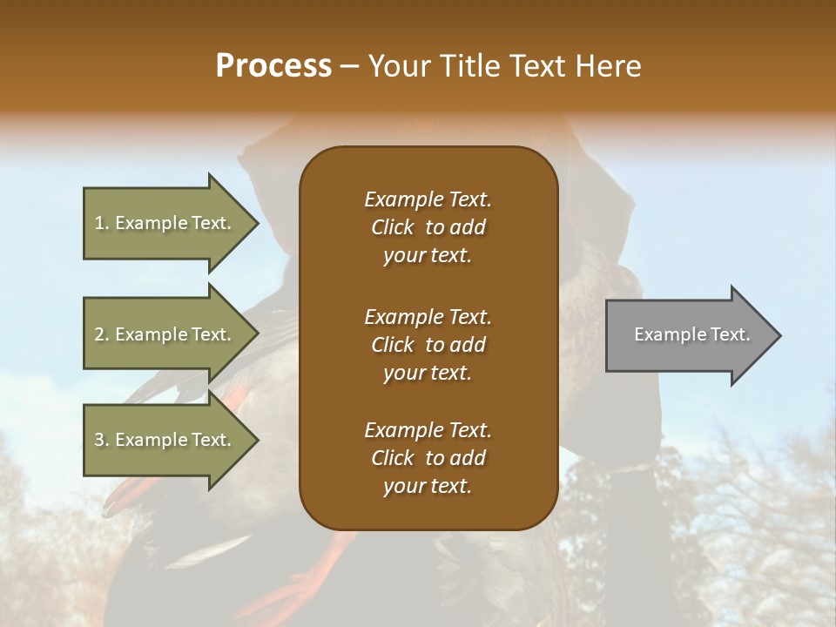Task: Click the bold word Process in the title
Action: (273, 66)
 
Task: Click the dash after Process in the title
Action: (349, 67)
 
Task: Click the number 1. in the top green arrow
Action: (102, 224)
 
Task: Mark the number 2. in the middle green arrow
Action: (102, 335)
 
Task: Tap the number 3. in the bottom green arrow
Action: (102, 441)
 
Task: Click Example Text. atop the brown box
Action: (428, 199)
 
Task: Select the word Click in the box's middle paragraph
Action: (392, 345)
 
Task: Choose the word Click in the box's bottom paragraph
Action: (392, 458)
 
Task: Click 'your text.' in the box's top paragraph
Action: (428, 256)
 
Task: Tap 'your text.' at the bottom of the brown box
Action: (428, 487)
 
